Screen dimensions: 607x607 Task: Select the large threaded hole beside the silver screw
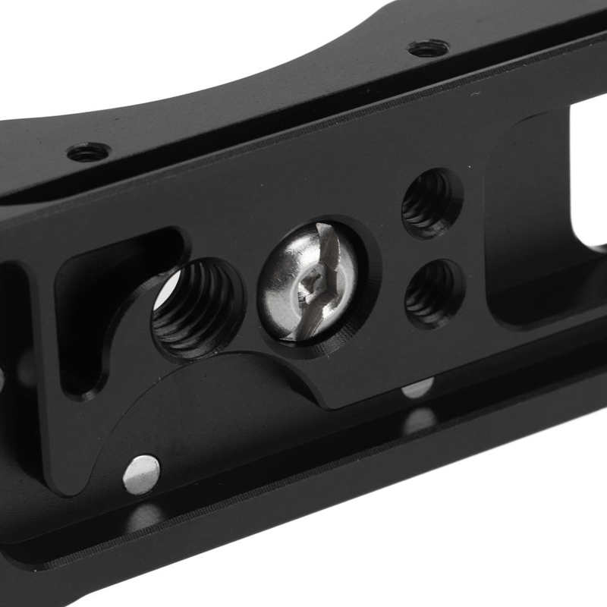click(x=197, y=307)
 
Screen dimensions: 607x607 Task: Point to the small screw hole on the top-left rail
click(x=88, y=153)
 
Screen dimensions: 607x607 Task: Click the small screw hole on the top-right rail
click(x=427, y=49)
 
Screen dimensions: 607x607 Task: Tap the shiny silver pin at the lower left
click(x=142, y=474)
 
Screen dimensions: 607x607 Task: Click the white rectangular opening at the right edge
click(x=588, y=175)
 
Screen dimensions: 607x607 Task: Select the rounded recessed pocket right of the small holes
click(x=531, y=228)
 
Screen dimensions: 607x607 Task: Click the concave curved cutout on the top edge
click(x=288, y=38)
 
